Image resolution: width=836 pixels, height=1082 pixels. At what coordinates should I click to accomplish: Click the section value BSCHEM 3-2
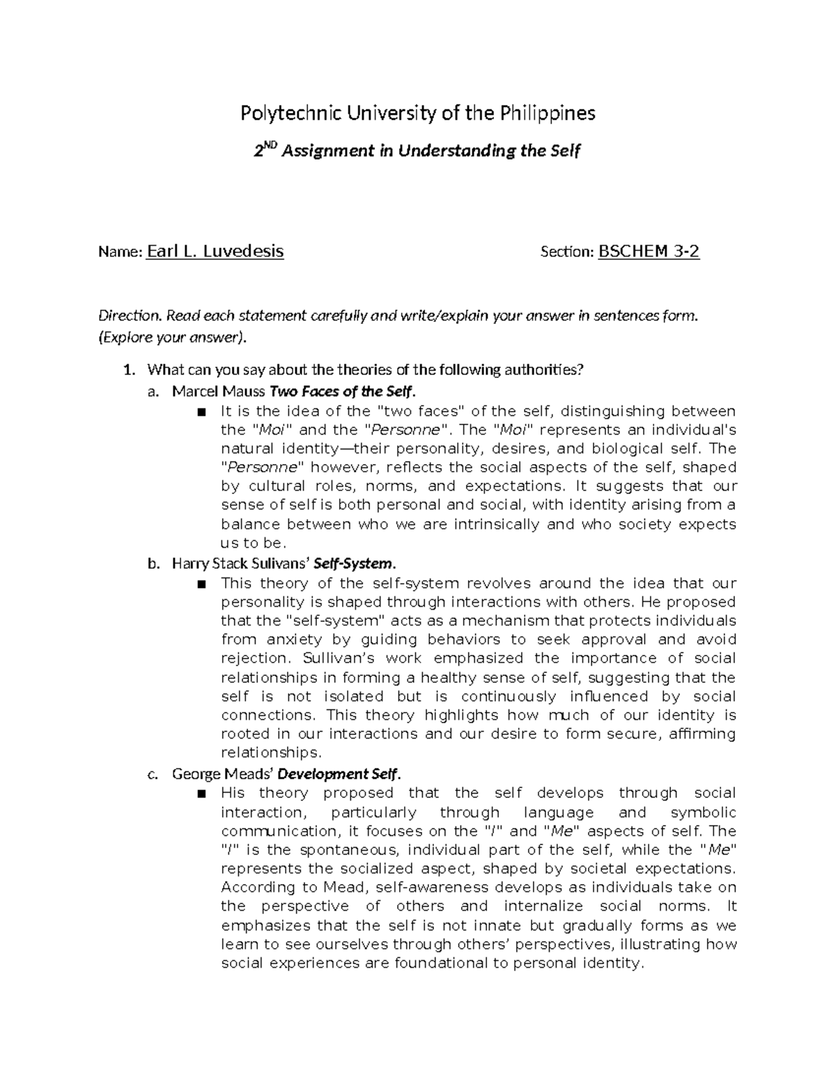(649, 252)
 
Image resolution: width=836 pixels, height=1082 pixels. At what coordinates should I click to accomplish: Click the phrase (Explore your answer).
(172, 339)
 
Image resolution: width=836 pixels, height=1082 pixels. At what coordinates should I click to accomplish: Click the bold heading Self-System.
(356, 563)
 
